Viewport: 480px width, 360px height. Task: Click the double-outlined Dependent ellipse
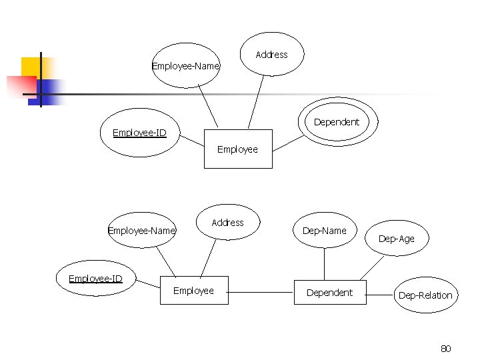coord(339,121)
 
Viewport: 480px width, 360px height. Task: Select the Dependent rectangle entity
coord(330,292)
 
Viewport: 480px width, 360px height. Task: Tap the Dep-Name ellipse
coord(325,231)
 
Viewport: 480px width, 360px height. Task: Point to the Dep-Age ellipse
coord(396,238)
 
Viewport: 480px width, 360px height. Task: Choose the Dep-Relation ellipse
coord(425,295)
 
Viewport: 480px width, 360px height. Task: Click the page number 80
coord(446,348)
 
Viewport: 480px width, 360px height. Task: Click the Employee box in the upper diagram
coord(238,149)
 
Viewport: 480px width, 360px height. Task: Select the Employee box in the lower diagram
coord(194,290)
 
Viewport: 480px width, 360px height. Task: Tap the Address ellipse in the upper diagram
coord(271,55)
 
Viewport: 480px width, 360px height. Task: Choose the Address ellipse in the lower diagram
coord(227,222)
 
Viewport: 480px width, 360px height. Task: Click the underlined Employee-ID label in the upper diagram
coord(140,133)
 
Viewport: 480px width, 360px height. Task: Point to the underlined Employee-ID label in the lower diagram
coord(96,278)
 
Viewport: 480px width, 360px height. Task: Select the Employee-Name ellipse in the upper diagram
coord(185,66)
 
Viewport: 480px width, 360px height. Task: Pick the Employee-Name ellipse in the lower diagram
coord(141,231)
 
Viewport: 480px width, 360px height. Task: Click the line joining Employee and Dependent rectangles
coord(261,293)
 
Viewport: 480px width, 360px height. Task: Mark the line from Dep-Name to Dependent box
coord(324,264)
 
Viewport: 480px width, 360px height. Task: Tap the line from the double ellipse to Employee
coord(288,143)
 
